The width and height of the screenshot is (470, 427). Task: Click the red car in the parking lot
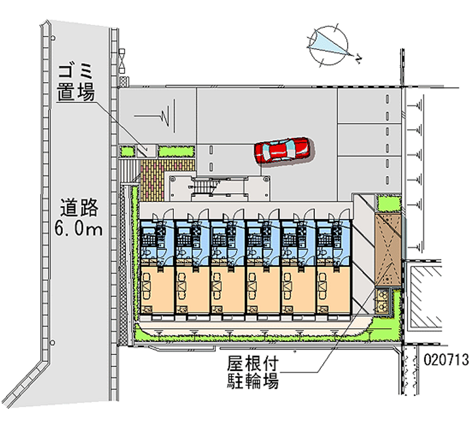(282, 151)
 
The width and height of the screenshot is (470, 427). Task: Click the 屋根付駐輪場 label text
(253, 373)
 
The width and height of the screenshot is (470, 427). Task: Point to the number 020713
(444, 358)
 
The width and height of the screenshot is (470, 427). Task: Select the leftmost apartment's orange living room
(155, 288)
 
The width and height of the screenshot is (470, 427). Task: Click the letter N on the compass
(358, 56)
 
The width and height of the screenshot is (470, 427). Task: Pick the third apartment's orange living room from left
(226, 288)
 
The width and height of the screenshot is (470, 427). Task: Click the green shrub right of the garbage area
(176, 152)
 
